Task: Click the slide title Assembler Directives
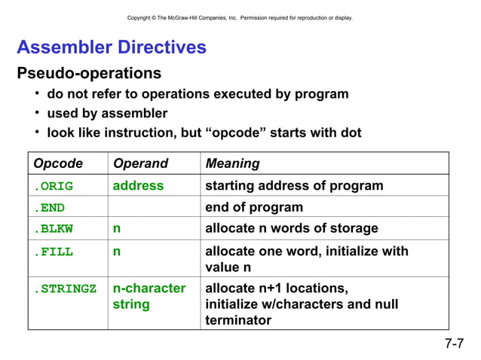[x=112, y=47]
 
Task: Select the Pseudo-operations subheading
[x=89, y=74]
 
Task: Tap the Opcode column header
[x=57, y=163]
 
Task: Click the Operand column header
[x=140, y=163]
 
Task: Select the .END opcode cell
[x=49, y=208]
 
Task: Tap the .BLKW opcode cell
[x=53, y=229]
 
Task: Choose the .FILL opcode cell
[x=53, y=252]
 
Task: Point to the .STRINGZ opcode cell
[x=65, y=288]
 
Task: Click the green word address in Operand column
[x=138, y=185]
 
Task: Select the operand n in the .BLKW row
[x=117, y=229]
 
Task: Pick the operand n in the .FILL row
[x=117, y=252]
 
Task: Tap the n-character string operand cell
[x=149, y=296]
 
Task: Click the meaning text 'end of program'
[x=253, y=207]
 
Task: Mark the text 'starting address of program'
[x=294, y=185]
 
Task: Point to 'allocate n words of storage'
[x=291, y=229]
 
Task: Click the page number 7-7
[x=454, y=345]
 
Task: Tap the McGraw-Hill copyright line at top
[x=240, y=17]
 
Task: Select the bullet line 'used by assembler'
[x=107, y=113]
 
